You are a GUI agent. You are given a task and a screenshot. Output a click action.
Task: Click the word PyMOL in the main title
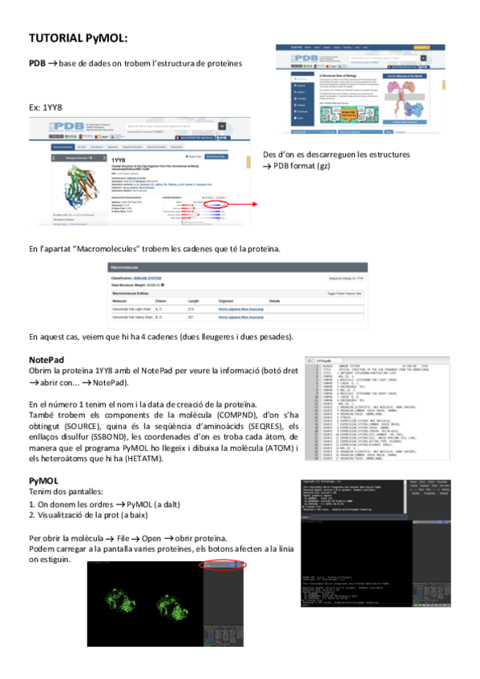pyautogui.click(x=105, y=37)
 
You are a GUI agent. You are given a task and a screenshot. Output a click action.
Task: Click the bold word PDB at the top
pyautogui.click(x=36, y=63)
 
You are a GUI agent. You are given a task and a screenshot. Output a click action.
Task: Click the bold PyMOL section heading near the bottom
pyautogui.click(x=43, y=480)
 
